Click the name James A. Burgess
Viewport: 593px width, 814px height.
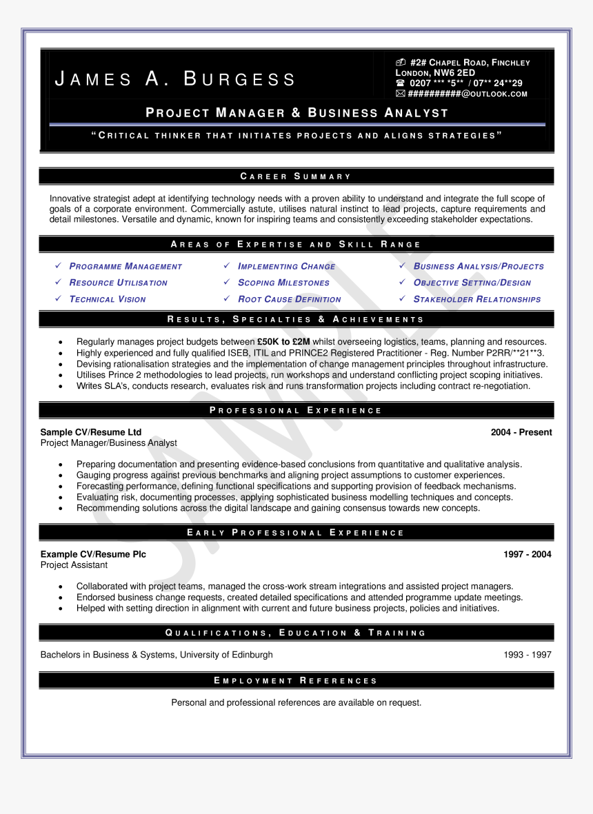click(x=175, y=79)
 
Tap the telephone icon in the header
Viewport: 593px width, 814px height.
click(x=400, y=83)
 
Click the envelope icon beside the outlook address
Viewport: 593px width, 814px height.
click(x=400, y=94)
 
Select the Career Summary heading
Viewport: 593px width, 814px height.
click(x=296, y=176)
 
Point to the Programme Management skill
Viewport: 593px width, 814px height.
click(x=125, y=267)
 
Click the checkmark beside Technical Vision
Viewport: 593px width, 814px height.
click(x=59, y=299)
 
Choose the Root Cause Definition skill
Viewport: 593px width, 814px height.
click(x=289, y=300)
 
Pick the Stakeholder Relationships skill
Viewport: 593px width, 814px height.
click(x=476, y=300)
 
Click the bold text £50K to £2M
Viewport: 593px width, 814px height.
click(x=283, y=342)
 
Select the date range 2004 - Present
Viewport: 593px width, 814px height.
click(x=521, y=432)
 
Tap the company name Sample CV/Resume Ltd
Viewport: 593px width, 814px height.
click(x=91, y=432)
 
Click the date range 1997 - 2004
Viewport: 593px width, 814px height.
click(x=527, y=554)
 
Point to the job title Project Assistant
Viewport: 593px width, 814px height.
click(x=74, y=565)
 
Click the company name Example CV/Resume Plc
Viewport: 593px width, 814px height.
click(x=93, y=554)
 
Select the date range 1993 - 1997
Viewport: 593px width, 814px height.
click(x=527, y=655)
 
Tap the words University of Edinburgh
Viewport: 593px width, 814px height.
click(x=226, y=655)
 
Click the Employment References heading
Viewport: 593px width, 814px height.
click(x=296, y=681)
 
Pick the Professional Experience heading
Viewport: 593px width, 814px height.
click(x=296, y=411)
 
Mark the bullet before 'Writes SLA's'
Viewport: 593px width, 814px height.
click(x=61, y=387)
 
